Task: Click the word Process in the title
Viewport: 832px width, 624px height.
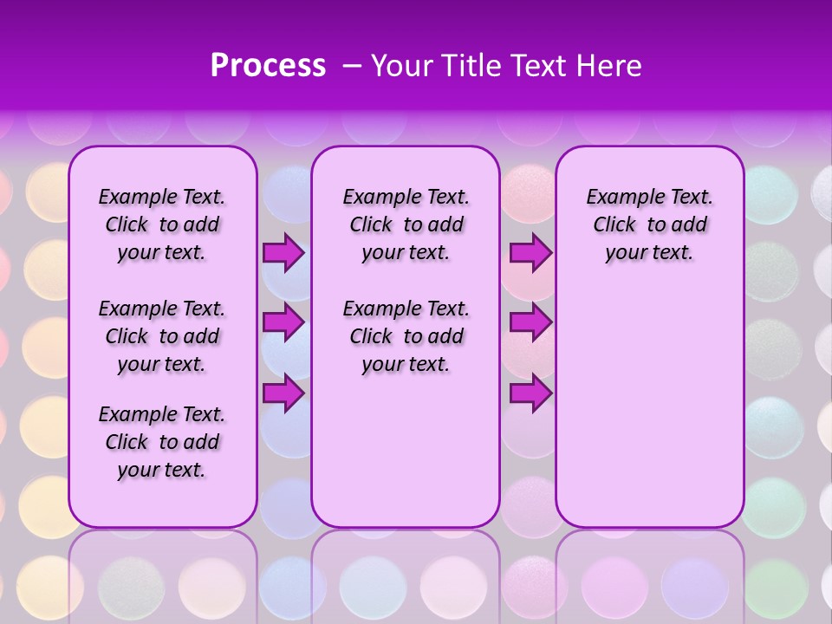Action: click(x=268, y=66)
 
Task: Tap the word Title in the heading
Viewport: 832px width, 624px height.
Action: click(x=467, y=66)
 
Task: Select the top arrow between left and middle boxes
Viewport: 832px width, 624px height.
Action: click(x=283, y=253)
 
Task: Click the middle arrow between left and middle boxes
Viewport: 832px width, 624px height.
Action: click(x=283, y=322)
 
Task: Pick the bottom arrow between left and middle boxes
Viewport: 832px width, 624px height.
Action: click(x=283, y=393)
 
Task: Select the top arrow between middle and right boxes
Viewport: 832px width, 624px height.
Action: click(x=530, y=253)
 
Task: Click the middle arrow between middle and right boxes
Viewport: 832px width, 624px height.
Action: click(x=530, y=322)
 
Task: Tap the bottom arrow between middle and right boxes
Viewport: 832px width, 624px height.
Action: click(x=530, y=393)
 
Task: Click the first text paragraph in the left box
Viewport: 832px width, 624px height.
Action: click(x=162, y=224)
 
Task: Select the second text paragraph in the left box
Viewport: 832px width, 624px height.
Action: click(x=162, y=336)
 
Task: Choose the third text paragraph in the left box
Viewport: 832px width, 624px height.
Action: click(x=162, y=442)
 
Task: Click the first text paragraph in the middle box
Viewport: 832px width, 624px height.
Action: click(x=406, y=224)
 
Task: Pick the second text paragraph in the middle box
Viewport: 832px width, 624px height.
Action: click(x=406, y=336)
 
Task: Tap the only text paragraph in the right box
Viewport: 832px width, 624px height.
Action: click(x=649, y=224)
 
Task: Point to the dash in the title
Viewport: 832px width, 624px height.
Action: click(x=351, y=67)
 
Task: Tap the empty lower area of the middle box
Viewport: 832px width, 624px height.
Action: click(x=406, y=451)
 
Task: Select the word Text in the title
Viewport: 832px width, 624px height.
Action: click(x=539, y=66)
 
